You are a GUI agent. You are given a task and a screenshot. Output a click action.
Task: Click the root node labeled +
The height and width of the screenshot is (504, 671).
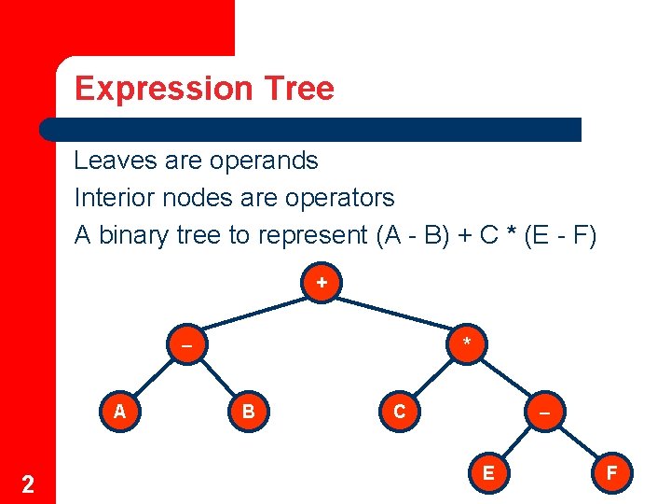(322, 282)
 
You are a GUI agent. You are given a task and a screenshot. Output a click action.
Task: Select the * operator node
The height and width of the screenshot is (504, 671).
(467, 344)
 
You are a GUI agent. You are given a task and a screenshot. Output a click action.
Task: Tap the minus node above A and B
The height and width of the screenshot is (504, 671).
(186, 344)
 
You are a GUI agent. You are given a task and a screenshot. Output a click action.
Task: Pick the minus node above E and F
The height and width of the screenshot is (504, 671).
(544, 411)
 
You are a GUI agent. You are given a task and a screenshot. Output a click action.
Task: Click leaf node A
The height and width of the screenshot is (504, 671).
(119, 411)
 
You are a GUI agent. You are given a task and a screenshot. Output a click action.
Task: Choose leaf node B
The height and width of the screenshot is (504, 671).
(249, 411)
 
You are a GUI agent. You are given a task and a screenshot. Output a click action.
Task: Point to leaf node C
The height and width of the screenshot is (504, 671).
(400, 411)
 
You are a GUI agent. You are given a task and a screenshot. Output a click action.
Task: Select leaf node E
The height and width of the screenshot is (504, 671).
(488, 473)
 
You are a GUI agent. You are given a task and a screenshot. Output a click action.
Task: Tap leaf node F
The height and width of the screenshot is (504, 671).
(611, 473)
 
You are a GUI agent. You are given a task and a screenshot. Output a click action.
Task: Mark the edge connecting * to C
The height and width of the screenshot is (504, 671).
(433, 377)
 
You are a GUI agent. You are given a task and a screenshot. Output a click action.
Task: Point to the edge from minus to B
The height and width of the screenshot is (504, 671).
(217, 377)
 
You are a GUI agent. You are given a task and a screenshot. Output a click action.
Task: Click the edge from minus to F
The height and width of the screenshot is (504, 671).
(578, 442)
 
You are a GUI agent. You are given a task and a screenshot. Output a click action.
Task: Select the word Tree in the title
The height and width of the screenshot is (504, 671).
(298, 89)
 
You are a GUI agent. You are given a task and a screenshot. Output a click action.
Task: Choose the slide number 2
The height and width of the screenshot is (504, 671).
(28, 483)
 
